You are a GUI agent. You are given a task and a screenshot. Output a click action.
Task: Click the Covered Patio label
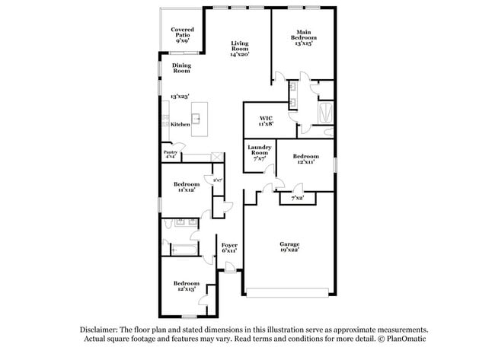pyautogui.click(x=183, y=34)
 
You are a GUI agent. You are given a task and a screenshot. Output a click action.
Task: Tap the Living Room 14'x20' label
pyautogui.click(x=240, y=49)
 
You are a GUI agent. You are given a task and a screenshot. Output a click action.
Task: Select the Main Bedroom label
pyautogui.click(x=304, y=37)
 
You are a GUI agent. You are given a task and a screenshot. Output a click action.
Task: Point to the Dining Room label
pyautogui.click(x=180, y=68)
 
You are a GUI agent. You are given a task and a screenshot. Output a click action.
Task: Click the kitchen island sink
pyautogui.click(x=196, y=119)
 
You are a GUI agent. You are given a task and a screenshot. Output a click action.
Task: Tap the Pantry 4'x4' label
pyautogui.click(x=171, y=154)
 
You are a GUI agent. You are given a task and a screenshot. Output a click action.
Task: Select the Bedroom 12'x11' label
pyautogui.click(x=305, y=158)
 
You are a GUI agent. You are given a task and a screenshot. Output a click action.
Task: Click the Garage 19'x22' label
pyautogui.click(x=289, y=247)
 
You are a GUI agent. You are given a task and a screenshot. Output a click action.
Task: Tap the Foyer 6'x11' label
pyautogui.click(x=228, y=247)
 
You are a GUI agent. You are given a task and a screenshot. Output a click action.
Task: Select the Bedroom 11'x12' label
pyautogui.click(x=186, y=186)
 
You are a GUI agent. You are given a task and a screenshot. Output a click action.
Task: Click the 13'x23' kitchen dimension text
pyautogui.click(x=179, y=97)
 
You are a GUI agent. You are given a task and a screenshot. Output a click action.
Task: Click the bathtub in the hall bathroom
pyautogui.click(x=181, y=249)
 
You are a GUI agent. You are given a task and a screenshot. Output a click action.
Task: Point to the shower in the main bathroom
pyautogui.click(x=324, y=113)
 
